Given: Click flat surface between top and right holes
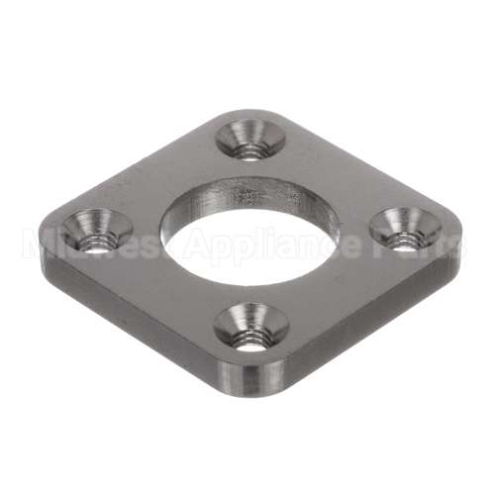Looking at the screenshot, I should pos(337,178).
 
